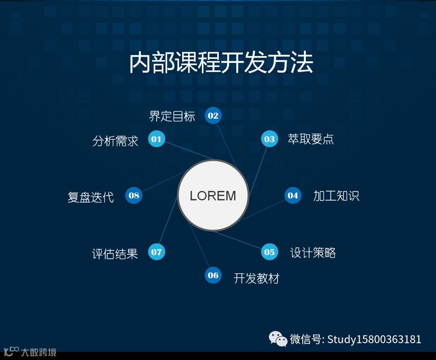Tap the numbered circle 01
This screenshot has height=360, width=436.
point(157,140)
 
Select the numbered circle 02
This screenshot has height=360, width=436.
point(213,116)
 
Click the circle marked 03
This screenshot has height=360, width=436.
point(269,140)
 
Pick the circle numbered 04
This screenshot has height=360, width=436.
point(293,196)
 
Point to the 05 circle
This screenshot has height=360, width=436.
point(269,252)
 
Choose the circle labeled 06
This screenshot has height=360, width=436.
point(213,276)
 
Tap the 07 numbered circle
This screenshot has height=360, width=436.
point(157,252)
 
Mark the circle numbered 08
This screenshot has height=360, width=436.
point(134,196)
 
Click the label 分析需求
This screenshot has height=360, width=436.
point(115,141)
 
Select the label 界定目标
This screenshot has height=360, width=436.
point(172,117)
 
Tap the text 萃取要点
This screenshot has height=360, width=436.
point(310,139)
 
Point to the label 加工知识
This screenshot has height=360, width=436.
point(336,196)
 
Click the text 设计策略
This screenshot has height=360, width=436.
point(313,253)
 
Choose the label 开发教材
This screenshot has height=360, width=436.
point(256,278)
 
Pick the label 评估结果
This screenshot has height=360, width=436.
point(115,254)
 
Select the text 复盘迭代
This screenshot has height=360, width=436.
point(91,197)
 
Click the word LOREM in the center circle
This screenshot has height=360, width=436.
point(213,196)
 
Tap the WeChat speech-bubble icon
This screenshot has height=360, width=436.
point(278,339)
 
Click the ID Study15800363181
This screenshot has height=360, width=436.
point(374,339)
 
